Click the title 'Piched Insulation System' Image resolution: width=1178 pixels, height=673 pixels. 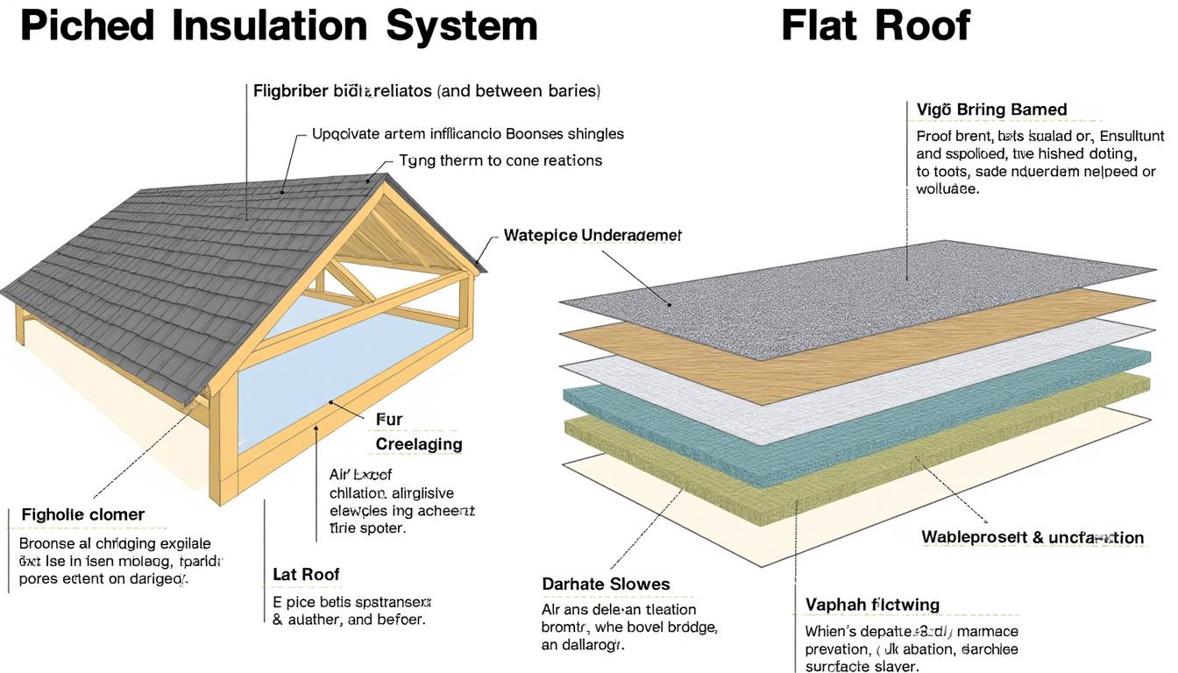click(x=279, y=25)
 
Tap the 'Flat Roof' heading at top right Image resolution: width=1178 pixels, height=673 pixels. click(x=875, y=25)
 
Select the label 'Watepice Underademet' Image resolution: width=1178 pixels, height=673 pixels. click(x=593, y=236)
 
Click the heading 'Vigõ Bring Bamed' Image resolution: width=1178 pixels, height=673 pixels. click(x=991, y=110)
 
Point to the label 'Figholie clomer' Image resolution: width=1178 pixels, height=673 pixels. click(x=83, y=514)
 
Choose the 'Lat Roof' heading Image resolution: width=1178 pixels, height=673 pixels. click(x=306, y=575)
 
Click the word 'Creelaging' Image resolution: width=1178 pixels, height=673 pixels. click(x=418, y=444)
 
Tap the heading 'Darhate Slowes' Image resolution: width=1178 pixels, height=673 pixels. click(x=606, y=584)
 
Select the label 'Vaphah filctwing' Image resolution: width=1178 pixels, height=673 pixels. click(x=872, y=605)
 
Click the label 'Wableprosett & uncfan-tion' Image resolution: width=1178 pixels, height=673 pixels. click(x=1033, y=537)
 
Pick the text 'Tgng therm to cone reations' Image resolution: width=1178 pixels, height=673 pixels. click(x=500, y=160)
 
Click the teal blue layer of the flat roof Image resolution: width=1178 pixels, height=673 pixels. click(x=876, y=390)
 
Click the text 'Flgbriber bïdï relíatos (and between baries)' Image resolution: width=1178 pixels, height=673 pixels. click(x=426, y=90)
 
